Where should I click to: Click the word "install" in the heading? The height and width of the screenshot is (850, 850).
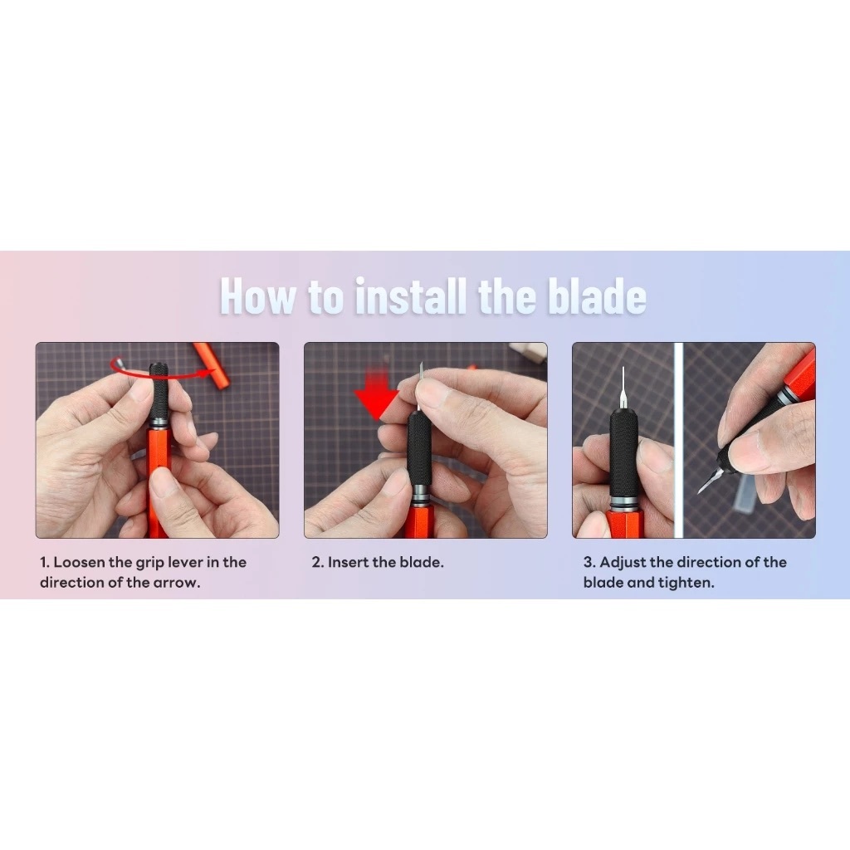pos(410,296)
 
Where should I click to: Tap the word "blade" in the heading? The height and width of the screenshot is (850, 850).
pos(597,296)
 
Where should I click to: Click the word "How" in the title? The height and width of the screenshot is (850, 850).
pos(258,296)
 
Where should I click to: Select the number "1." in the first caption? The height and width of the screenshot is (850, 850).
pos(45,562)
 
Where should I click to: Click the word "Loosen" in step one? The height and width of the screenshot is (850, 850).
pos(79,562)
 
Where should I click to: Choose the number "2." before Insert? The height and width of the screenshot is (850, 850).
pos(317,562)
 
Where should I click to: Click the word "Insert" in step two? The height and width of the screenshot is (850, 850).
pos(348,562)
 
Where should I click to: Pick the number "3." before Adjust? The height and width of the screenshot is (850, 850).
pos(589,562)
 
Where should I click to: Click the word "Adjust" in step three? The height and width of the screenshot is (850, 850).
pos(623,563)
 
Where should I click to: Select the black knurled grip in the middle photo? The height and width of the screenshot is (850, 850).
pos(419,445)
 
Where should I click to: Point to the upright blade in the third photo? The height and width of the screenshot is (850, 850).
pos(623,386)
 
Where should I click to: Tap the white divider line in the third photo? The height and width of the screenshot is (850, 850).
pos(678,440)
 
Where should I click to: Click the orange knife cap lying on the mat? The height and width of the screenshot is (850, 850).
pos(212,365)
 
